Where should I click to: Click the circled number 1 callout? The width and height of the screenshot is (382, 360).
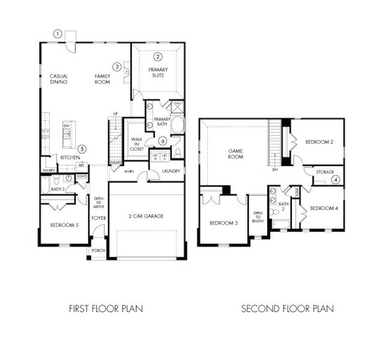(x=58, y=34)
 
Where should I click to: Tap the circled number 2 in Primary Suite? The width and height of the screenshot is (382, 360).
(x=157, y=58)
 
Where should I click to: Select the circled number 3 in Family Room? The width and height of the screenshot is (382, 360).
(x=118, y=67)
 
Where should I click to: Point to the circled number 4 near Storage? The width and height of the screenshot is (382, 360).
(x=336, y=179)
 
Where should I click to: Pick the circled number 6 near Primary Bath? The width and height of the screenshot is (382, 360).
(x=162, y=141)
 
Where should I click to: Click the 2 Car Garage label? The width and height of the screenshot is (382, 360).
(x=147, y=216)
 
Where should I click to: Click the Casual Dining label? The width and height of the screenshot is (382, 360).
(x=59, y=79)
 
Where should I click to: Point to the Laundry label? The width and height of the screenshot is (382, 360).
(x=171, y=172)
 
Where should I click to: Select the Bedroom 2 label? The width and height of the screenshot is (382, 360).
(x=319, y=142)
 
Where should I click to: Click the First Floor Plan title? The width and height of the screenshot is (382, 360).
(x=105, y=309)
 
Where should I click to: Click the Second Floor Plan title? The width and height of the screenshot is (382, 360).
(x=287, y=309)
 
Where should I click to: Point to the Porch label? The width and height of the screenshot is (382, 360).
(x=98, y=250)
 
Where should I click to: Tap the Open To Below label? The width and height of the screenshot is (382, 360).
(x=258, y=217)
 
